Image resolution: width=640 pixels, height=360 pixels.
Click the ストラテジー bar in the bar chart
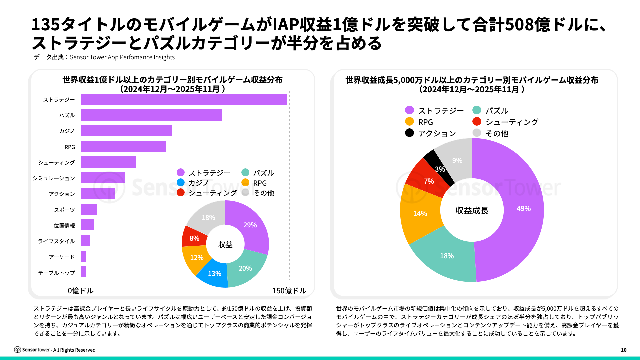[x=183, y=99]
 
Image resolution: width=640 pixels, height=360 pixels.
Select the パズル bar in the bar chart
[x=151, y=115]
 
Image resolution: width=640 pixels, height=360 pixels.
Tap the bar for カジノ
[x=126, y=131]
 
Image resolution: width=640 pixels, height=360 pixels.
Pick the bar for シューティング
[x=108, y=162]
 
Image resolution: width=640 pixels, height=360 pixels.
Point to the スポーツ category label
[x=64, y=210]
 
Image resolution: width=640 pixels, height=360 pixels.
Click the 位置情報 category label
[x=64, y=226]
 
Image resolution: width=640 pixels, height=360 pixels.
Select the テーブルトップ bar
[x=83, y=272]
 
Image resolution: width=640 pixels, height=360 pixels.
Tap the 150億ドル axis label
[x=289, y=291]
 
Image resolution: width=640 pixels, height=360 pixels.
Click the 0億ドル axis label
[x=81, y=291]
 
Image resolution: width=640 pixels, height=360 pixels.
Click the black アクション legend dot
[x=409, y=133]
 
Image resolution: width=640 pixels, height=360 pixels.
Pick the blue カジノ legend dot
[x=181, y=183]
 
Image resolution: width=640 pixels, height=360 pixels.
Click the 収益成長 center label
[x=472, y=211]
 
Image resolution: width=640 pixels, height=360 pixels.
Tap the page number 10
[x=624, y=350]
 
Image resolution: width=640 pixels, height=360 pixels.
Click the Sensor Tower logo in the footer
[x=17, y=350]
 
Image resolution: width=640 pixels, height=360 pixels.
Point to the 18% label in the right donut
[x=447, y=256]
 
